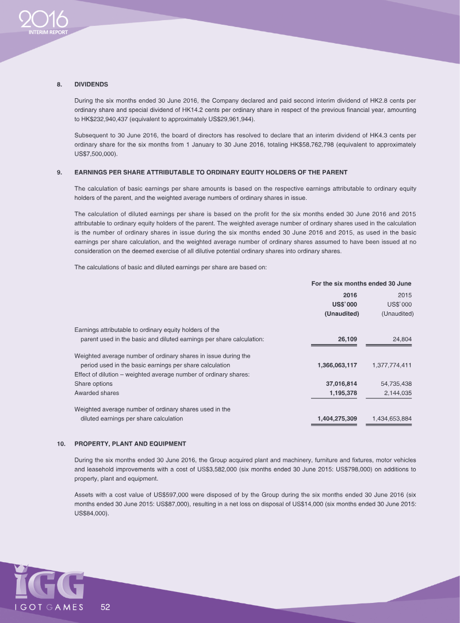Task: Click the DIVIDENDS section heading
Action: click(91, 84)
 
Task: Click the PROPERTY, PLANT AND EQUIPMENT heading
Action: click(130, 444)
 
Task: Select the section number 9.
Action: click(59, 172)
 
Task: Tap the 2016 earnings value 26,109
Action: click(347, 339)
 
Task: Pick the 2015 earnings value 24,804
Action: click(401, 339)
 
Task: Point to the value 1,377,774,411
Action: click(393, 365)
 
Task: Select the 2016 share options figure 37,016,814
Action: click(342, 384)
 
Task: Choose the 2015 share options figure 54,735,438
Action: click(397, 384)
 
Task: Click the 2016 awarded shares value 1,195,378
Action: click(344, 393)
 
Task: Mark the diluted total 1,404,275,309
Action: click(337, 419)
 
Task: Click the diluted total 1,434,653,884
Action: click(393, 419)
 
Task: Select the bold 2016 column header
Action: click(350, 295)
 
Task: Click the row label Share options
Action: click(94, 384)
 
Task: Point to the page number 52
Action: click(106, 606)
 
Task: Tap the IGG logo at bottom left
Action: click(49, 583)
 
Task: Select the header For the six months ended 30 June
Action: click(361, 283)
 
